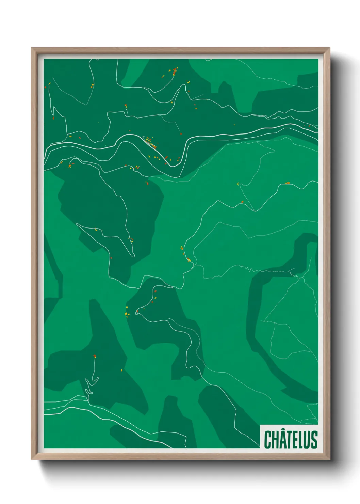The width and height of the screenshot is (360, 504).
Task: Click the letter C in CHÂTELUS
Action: [x=268, y=440]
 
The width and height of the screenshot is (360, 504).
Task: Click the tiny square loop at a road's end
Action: [x=137, y=313]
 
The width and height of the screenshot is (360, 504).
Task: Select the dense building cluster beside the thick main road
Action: [x=151, y=143]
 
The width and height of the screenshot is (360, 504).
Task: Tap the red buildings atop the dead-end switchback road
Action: [x=94, y=356]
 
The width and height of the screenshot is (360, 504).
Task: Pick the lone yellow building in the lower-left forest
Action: [x=121, y=370]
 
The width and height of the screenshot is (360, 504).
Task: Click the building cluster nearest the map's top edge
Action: [x=174, y=71]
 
